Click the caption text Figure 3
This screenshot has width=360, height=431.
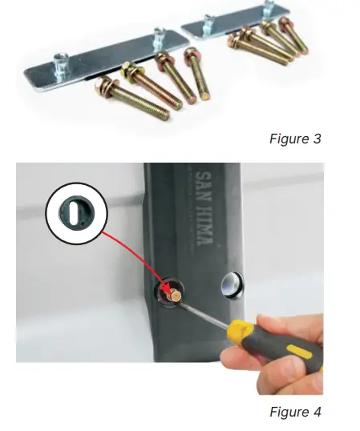pos(294,139)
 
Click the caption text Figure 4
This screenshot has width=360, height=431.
pos(294,413)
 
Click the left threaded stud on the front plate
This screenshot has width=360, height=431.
pos(60,61)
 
